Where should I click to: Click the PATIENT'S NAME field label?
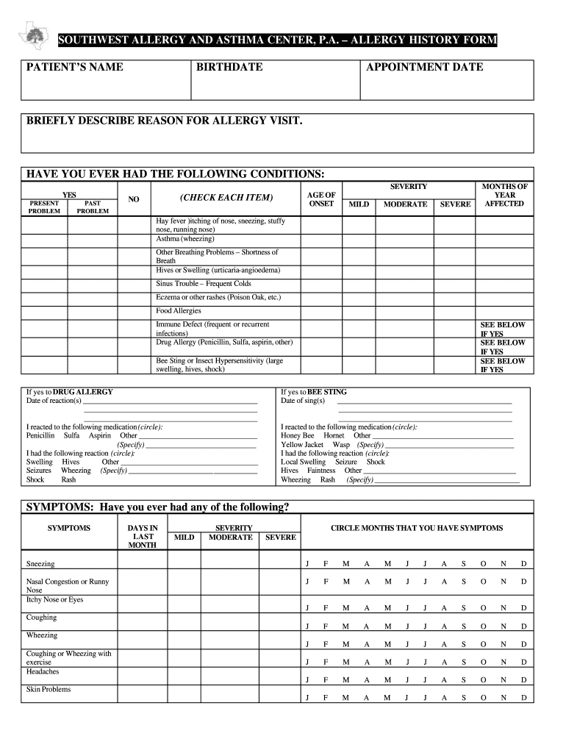coord(75,67)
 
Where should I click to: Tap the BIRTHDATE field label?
coord(229,67)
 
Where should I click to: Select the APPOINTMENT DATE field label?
coord(424,67)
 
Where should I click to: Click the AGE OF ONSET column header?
coord(321,199)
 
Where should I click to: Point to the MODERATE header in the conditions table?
coord(405,204)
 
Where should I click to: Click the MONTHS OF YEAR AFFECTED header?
coord(504,195)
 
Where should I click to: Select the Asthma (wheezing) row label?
coord(185,239)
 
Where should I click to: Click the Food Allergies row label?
coord(178,311)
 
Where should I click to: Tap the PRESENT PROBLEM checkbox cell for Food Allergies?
coord(44,311)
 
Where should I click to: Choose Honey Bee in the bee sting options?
coord(297,435)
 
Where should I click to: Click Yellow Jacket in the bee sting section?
coord(302,445)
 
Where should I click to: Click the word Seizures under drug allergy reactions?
coord(39,471)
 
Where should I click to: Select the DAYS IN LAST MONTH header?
coord(143,536)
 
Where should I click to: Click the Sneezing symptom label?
coord(40,564)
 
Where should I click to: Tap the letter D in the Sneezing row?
coord(523,564)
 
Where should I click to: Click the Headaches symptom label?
coord(43,671)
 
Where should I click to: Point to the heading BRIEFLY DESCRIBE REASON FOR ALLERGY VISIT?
coord(165,121)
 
